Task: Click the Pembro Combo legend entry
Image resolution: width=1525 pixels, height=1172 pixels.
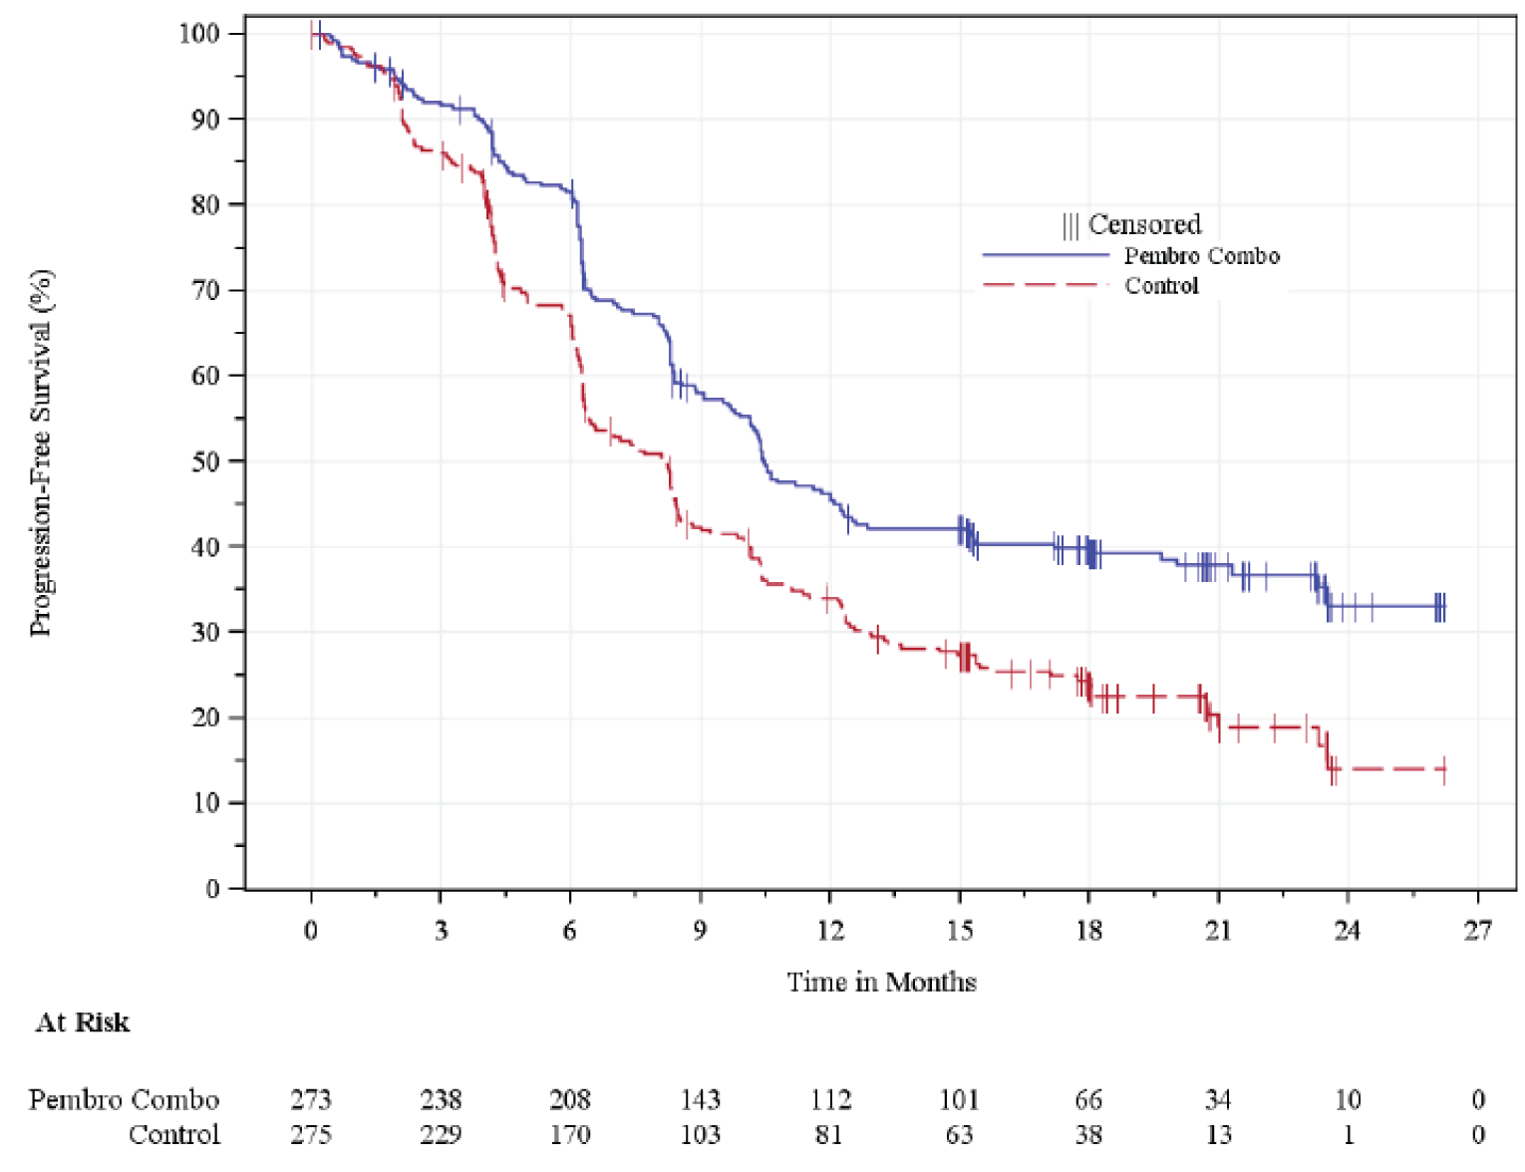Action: pos(1201,256)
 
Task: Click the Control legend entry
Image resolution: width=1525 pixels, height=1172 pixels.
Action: pos(1161,286)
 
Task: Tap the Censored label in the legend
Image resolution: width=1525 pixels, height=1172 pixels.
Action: pos(1143,224)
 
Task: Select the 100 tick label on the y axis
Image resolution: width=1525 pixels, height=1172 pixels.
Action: pos(198,34)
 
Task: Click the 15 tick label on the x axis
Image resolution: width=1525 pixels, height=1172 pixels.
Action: pos(959,931)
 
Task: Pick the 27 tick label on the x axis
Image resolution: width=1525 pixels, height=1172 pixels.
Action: pos(1477,931)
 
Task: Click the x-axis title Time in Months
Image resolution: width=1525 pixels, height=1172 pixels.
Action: pos(881,983)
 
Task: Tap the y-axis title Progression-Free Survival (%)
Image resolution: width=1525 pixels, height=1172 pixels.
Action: pos(41,453)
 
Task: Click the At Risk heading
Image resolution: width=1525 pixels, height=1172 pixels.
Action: pos(83,1024)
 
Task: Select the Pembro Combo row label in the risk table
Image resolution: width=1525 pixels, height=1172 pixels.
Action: pos(124,1100)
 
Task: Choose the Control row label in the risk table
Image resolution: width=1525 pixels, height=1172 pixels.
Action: pos(174,1135)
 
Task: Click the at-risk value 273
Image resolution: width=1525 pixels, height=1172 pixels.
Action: pos(311,1100)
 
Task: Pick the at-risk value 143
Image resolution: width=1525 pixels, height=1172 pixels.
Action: pos(700,1100)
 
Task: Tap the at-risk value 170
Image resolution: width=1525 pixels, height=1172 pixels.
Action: pos(570,1135)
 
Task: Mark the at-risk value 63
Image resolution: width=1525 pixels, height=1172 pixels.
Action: pos(959,1135)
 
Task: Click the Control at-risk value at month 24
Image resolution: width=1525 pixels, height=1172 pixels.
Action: pos(1348,1135)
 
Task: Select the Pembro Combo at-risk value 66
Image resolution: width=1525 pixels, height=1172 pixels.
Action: pos(1088,1100)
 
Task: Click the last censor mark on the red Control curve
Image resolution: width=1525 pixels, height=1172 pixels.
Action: pos(1444,769)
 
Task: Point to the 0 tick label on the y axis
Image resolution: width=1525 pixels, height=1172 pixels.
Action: pos(212,889)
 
